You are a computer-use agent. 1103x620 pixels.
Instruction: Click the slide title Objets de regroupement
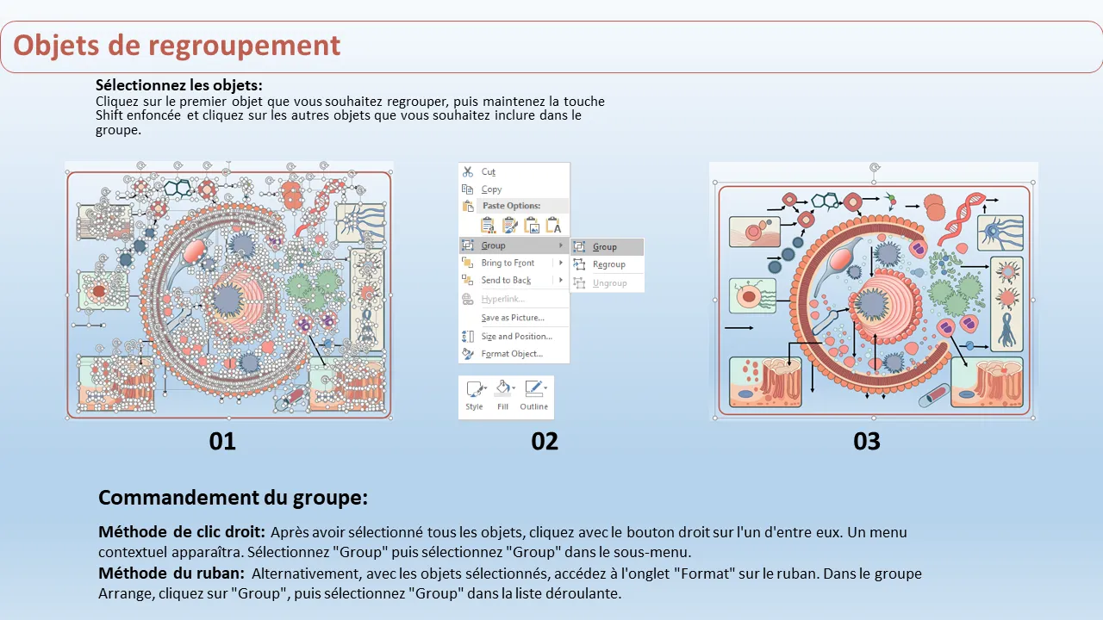(177, 45)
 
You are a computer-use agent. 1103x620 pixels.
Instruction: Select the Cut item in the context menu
(489, 172)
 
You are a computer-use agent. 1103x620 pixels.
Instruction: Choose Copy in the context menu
(491, 189)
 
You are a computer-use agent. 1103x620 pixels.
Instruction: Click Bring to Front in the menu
(508, 263)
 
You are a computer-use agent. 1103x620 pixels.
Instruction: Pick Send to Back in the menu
(506, 281)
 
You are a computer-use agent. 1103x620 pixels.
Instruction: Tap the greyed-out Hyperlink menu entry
(502, 300)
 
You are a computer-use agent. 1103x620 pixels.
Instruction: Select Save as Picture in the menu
(512, 318)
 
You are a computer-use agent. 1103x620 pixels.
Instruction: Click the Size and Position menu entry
(516, 337)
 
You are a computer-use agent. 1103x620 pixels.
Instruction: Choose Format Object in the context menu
(512, 354)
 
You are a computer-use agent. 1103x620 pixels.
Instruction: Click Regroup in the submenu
(608, 264)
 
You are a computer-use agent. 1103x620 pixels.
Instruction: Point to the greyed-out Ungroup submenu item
(609, 283)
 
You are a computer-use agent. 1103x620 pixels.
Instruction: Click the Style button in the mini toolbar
(475, 397)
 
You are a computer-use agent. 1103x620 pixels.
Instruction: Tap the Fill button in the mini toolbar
(503, 397)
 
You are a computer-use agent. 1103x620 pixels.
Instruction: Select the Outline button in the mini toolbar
(533, 397)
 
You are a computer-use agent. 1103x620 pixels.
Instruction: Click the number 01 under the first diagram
(222, 442)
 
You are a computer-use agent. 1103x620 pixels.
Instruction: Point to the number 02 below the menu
(545, 442)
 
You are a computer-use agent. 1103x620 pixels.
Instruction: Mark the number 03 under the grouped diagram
(867, 442)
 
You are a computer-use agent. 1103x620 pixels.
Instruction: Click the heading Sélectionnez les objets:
(179, 86)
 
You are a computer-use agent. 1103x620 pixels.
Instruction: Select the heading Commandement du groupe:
(233, 498)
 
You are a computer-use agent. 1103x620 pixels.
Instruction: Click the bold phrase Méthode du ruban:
(171, 573)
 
